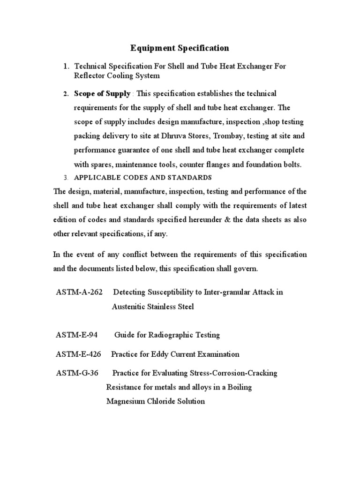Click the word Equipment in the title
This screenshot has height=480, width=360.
(x=149, y=48)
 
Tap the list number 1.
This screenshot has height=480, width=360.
(x=66, y=67)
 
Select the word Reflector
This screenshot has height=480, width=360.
(x=90, y=75)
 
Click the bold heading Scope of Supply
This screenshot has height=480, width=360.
(x=102, y=94)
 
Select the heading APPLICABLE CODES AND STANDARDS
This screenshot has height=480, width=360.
(x=143, y=178)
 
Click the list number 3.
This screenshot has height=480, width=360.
(x=66, y=178)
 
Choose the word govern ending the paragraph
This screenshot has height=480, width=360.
(x=245, y=269)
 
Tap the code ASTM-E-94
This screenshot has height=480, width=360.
(x=76, y=335)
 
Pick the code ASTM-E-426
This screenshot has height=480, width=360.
(x=78, y=354)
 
